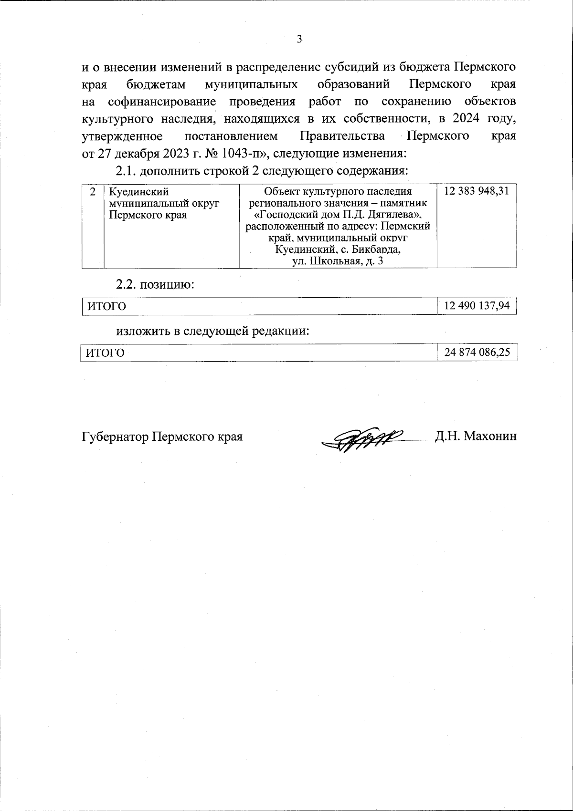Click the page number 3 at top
coord(299,40)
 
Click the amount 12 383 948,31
coord(476,191)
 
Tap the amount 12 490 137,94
coord(477,306)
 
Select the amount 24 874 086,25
coord(477,353)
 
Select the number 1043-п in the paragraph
coord(234,154)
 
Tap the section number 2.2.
coord(127,285)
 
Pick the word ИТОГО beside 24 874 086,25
coord(105,353)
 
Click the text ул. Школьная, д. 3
coord(338,261)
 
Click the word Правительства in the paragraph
coord(342,136)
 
